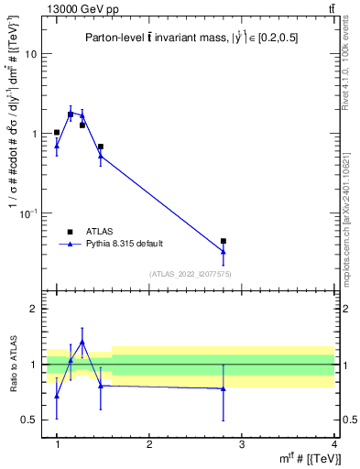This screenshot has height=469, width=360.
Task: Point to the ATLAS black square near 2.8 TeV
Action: [x=224, y=241]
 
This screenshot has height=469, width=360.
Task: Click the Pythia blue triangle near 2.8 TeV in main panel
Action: [x=224, y=251]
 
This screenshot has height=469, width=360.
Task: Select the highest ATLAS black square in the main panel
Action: [x=71, y=115]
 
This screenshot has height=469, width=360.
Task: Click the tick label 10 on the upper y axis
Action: [x=30, y=54]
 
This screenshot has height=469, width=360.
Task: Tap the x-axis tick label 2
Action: [x=149, y=445]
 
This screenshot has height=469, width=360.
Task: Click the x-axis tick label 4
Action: [x=334, y=445]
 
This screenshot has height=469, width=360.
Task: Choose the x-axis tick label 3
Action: [x=242, y=445]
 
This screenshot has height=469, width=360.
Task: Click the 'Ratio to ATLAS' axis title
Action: [x=12, y=364]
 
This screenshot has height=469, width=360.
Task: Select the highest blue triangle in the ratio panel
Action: [x=82, y=342]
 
